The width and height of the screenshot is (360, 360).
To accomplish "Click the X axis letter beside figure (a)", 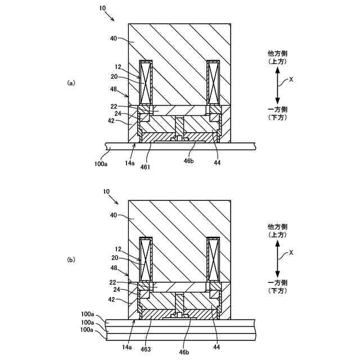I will pyautogui.click(x=291, y=79).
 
